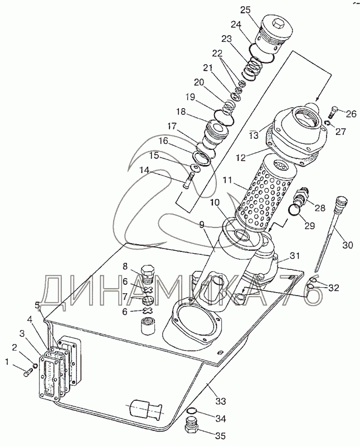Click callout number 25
click(x=246, y=10)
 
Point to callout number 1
click(x=7, y=363)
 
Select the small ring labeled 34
click(x=191, y=413)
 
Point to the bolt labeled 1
click(x=28, y=371)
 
